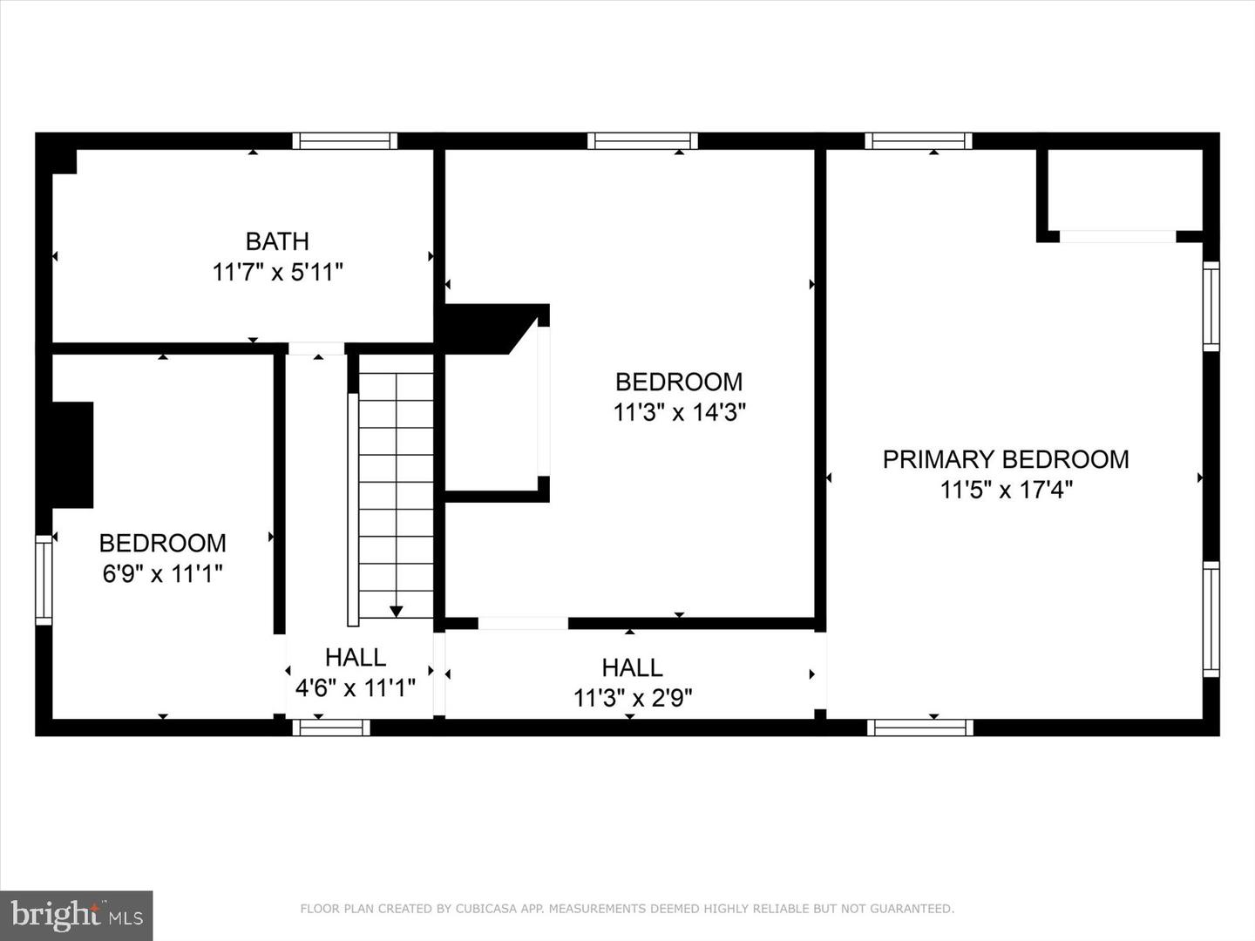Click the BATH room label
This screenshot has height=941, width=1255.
point(277,241)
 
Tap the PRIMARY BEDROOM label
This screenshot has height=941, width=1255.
point(1006,460)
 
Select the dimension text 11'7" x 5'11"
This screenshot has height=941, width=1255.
point(277,273)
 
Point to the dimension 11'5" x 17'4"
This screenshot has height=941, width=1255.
point(1006,491)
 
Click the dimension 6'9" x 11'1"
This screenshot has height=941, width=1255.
point(162,573)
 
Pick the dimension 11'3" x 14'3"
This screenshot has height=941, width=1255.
point(679,412)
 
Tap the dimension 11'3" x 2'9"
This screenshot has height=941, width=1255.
point(633,698)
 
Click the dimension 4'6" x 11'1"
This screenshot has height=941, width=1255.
point(355,688)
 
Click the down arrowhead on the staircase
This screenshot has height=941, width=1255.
point(397,612)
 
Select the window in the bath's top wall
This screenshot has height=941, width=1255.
point(345,141)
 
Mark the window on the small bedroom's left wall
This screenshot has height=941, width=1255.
point(44,580)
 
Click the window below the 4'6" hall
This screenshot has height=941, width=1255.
point(331,728)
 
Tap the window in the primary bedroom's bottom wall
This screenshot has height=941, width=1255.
point(920,728)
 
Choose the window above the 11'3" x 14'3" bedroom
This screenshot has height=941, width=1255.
point(642,141)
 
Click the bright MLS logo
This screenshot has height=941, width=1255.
point(76,915)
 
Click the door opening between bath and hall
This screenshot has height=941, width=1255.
point(316,349)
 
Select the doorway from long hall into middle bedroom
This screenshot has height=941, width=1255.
point(523,623)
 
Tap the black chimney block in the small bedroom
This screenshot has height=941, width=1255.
point(72,455)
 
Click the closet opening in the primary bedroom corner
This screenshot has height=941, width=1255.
point(1118,236)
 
